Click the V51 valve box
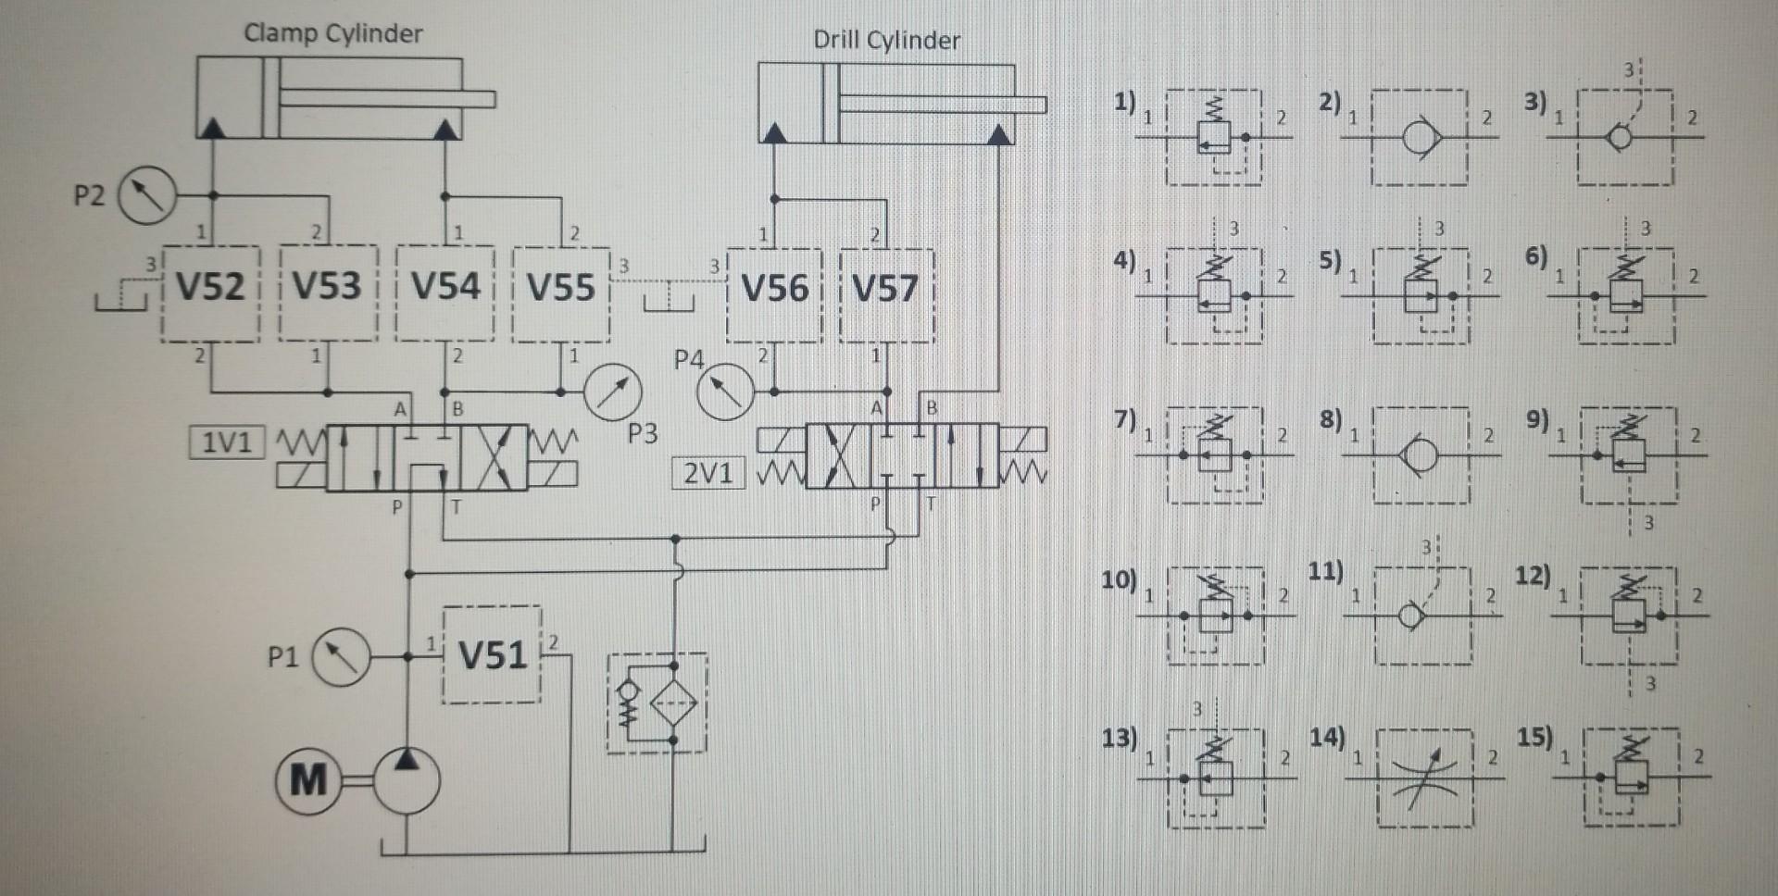(493, 655)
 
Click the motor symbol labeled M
(307, 781)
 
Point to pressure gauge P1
(340, 656)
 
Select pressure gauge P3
(613, 393)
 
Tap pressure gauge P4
(725, 392)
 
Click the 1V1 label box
(227, 442)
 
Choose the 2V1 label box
(708, 474)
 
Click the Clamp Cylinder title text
(332, 34)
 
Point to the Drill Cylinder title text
(886, 41)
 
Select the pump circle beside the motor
(405, 781)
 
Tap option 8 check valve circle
(1421, 455)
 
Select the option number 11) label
(1325, 571)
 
